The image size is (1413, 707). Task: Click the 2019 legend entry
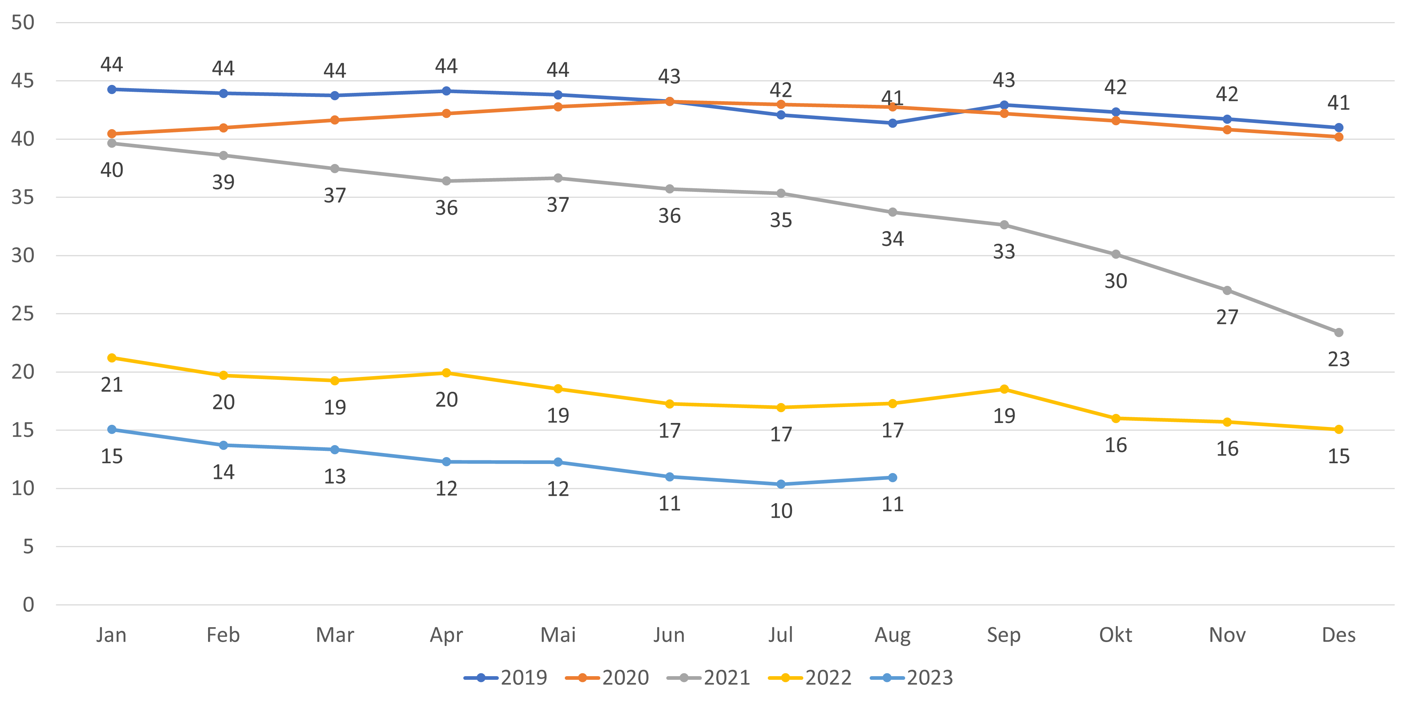pyautogui.click(x=506, y=677)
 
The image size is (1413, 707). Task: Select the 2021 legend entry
pyautogui.click(x=709, y=677)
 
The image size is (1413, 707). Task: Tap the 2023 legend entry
pyautogui.click(x=912, y=677)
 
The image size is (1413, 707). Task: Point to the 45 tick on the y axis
pyautogui.click(x=22, y=81)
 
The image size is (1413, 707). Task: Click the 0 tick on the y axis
pyautogui.click(x=28, y=605)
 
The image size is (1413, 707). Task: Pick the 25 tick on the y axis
pyautogui.click(x=22, y=313)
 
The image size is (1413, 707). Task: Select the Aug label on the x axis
pyautogui.click(x=892, y=635)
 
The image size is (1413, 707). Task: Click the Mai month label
pyautogui.click(x=558, y=635)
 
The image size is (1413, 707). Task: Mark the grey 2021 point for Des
pyautogui.click(x=1338, y=333)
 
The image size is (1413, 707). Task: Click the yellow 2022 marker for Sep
pyautogui.click(x=1004, y=389)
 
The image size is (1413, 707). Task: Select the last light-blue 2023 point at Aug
pyautogui.click(x=892, y=477)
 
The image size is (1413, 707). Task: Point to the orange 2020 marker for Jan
pyautogui.click(x=112, y=134)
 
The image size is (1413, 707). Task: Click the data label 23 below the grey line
pyautogui.click(x=1338, y=359)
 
